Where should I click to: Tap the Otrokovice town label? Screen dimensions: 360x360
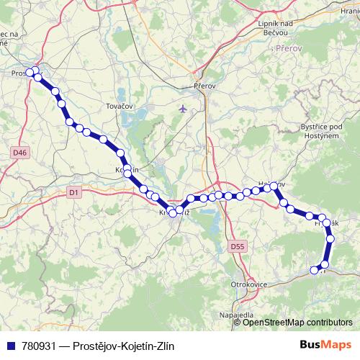click(249, 285)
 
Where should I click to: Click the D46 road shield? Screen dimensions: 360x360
click(19, 153)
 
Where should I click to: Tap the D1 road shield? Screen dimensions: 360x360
click(73, 192)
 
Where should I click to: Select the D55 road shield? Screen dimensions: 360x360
click(238, 247)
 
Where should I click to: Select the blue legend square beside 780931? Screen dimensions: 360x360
click(9, 346)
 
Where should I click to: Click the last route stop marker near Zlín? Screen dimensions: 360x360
click(314, 270)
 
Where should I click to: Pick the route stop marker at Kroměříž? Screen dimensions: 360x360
click(173, 211)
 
